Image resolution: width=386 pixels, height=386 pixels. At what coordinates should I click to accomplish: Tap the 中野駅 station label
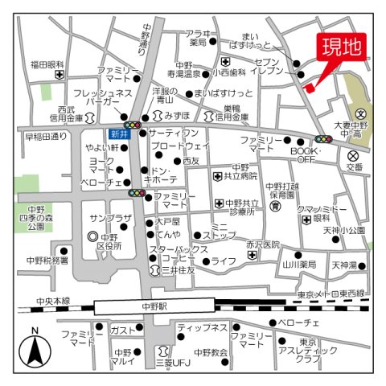click(x=153, y=306)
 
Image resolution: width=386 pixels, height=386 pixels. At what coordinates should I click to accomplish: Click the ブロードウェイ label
click(x=179, y=146)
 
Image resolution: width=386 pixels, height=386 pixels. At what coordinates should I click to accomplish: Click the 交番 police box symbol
click(x=354, y=156)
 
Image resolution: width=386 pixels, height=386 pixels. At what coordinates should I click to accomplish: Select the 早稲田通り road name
click(x=46, y=137)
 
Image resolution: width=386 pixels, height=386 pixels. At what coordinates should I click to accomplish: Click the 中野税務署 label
click(x=47, y=260)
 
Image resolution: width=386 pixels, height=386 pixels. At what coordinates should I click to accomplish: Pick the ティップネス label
click(x=202, y=327)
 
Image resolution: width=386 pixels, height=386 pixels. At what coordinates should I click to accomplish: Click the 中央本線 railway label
click(x=53, y=302)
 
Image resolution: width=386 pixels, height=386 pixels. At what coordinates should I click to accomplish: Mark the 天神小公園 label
click(x=343, y=230)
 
